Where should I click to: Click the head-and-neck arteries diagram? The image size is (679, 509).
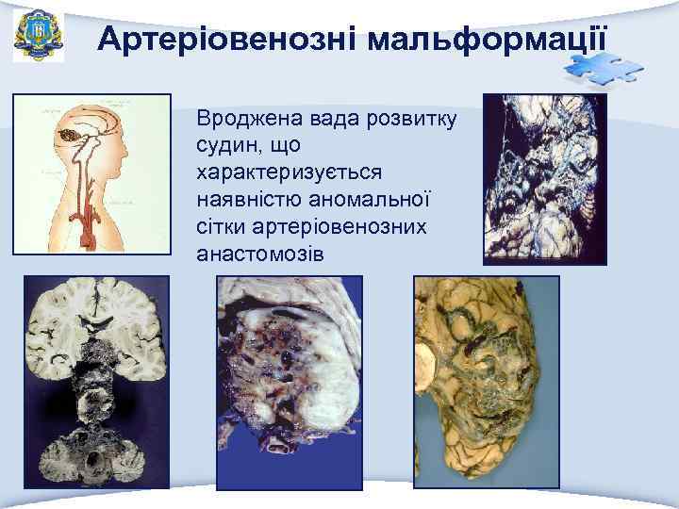click(91, 174)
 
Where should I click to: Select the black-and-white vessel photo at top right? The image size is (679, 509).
click(545, 179)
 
